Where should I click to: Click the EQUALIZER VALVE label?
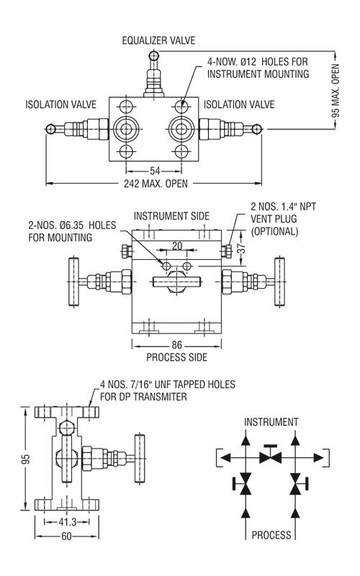158,40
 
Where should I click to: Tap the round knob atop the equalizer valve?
154,56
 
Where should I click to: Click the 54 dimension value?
155,171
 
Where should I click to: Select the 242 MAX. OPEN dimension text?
156,184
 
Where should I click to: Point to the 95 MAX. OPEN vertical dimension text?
336,91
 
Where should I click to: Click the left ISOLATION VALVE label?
61,104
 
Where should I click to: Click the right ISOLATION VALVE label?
239,104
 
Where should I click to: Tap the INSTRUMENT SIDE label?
171,216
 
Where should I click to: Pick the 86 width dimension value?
176,346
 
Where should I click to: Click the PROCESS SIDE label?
176,357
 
